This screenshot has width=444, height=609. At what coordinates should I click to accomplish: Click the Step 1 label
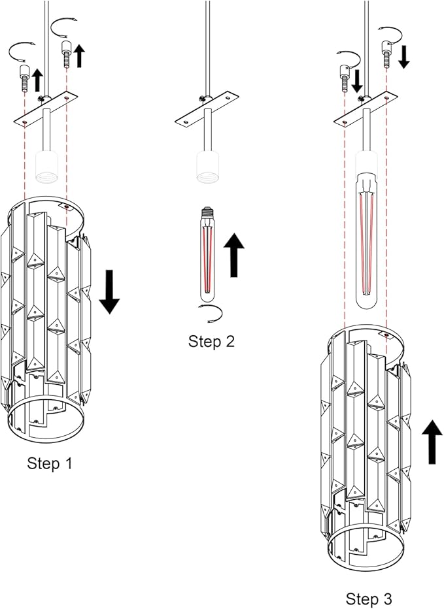[x=50, y=463]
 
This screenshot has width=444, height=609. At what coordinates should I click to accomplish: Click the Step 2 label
[x=211, y=340]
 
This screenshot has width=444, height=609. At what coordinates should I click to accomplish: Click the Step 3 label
[x=369, y=599]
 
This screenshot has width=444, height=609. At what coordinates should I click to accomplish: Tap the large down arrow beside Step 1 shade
[x=109, y=291]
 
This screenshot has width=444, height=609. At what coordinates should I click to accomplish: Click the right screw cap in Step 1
[x=65, y=52]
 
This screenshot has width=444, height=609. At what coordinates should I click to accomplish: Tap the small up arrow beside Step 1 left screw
[x=37, y=80]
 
